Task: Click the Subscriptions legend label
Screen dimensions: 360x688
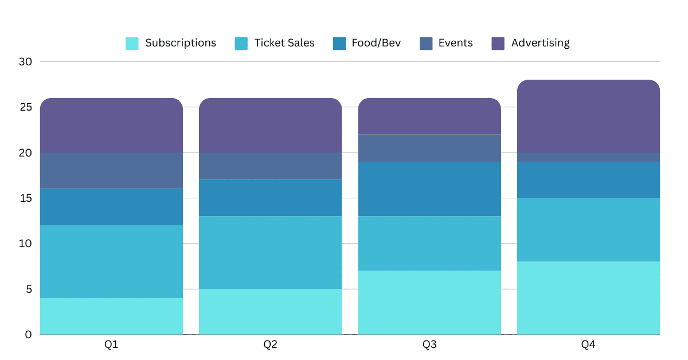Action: pos(180,43)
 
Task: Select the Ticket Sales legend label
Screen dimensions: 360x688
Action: pos(284,43)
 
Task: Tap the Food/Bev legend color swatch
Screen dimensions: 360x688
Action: pos(339,44)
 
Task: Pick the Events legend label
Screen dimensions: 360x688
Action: pos(455,43)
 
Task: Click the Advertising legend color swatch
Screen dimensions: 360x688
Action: pos(498,44)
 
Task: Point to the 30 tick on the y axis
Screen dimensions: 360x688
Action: pos(26,61)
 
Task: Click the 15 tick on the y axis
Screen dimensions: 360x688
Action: pos(26,198)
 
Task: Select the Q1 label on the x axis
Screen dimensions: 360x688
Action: pos(111,345)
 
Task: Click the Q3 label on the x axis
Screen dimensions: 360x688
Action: pos(429,345)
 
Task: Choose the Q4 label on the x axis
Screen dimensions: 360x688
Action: pos(588,345)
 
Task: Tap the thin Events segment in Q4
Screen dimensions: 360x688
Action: pos(588,157)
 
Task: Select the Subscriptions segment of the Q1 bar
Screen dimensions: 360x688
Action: pos(111,316)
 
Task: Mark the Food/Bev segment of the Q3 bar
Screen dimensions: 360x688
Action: pos(429,189)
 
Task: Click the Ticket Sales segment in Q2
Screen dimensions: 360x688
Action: pos(271,252)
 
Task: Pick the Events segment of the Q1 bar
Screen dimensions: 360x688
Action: pos(111,171)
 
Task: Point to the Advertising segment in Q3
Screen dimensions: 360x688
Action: pos(429,116)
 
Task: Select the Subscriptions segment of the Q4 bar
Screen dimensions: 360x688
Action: pos(588,298)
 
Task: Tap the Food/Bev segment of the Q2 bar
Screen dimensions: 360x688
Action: pos(271,198)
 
